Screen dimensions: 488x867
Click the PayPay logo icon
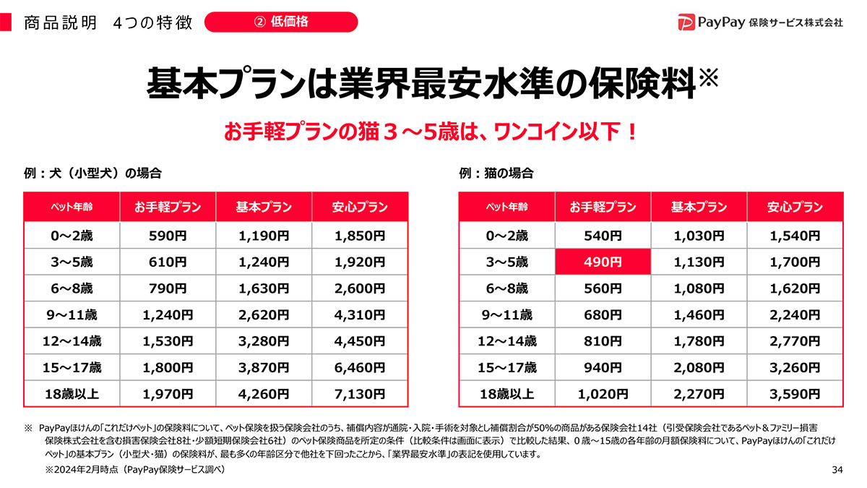pyautogui.click(x=686, y=22)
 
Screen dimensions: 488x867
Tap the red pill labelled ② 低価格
pyautogui.click(x=281, y=22)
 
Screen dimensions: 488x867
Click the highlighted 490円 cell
pyautogui.click(x=603, y=262)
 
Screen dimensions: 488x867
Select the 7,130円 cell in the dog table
pyautogui.click(x=360, y=394)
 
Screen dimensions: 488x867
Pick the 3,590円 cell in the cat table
pyautogui.click(x=795, y=394)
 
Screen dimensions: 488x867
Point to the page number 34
pyautogui.click(x=837, y=471)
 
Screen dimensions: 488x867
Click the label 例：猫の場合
pyautogui.click(x=496, y=174)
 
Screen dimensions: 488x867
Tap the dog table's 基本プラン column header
pyautogui.click(x=264, y=207)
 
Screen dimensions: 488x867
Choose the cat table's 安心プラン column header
pyautogui.click(x=795, y=207)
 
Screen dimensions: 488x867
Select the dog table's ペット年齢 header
pyautogui.click(x=72, y=207)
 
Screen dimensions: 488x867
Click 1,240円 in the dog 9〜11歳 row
pyautogui.click(x=168, y=314)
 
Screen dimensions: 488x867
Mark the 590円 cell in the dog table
pyautogui.click(x=168, y=236)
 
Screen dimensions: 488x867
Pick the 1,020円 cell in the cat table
pyautogui.click(x=603, y=394)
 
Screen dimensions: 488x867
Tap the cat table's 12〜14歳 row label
pyautogui.click(x=506, y=341)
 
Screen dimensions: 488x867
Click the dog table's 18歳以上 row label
pyautogui.click(x=72, y=394)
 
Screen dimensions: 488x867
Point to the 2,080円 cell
pyautogui.click(x=699, y=367)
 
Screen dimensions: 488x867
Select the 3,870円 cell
pyautogui.click(x=264, y=367)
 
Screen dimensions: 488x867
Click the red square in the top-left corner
pyautogui.click(x=6, y=22)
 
